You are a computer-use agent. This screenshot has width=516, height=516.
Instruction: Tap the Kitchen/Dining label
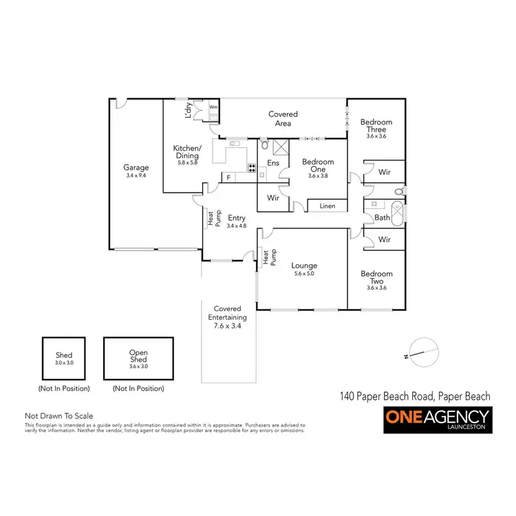187,152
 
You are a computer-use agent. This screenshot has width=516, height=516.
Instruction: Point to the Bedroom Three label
376,126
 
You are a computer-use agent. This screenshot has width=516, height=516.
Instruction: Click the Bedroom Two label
376,277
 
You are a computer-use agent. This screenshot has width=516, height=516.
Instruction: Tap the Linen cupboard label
327,206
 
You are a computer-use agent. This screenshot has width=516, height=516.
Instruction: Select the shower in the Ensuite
280,147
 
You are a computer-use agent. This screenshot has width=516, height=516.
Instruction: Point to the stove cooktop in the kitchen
252,167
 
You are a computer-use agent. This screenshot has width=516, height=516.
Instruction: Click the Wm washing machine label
213,107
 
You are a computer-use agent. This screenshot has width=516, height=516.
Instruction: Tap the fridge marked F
228,178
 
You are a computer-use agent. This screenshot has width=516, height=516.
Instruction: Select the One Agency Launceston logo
437,420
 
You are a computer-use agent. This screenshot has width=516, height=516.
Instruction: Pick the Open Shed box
138,358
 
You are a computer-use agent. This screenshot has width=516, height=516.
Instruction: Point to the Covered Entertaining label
227,318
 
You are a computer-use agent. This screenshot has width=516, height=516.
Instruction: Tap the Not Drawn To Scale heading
58,416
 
